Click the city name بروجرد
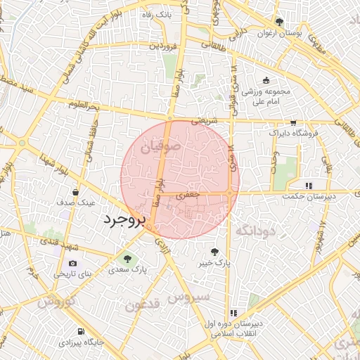[124, 219]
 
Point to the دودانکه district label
[254, 231]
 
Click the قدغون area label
[144, 304]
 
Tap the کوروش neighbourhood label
[56, 302]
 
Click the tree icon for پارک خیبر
[214, 252]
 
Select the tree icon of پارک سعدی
[127, 259]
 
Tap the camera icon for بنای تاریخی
[73, 264]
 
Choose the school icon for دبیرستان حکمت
[309, 186]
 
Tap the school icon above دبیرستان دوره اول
[234, 313]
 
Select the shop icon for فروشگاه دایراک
[293, 122]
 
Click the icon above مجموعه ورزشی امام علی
[266, 79]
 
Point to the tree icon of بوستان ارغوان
[280, 22]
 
